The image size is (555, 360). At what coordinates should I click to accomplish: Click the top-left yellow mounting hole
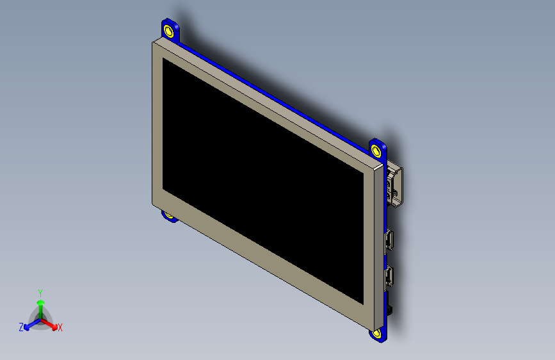click(168, 31)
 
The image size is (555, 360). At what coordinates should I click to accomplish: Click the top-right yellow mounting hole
click(376, 150)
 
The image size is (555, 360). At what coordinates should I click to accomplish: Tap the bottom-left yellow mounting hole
click(170, 215)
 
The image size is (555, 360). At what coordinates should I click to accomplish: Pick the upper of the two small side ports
click(389, 240)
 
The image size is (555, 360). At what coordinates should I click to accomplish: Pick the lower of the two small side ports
click(389, 277)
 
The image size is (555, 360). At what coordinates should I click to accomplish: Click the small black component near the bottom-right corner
click(389, 311)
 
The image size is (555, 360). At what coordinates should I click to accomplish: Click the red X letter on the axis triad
click(60, 327)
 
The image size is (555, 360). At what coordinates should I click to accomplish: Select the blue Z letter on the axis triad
click(21, 327)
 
